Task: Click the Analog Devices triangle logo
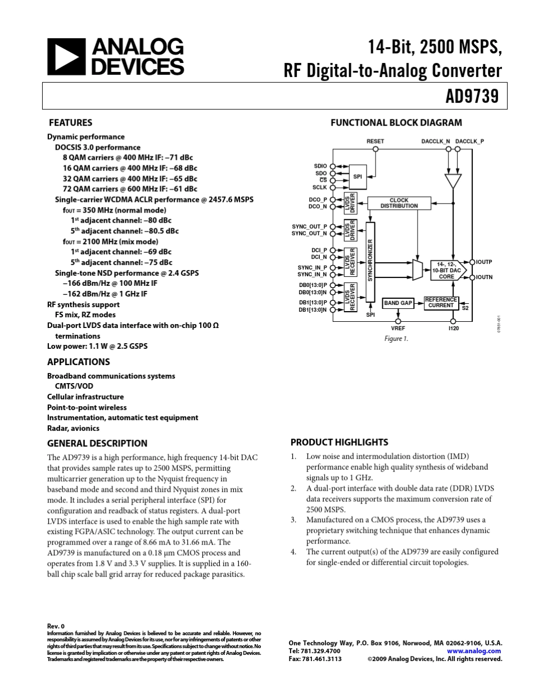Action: [x=65, y=57]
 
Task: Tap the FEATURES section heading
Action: [x=70, y=123]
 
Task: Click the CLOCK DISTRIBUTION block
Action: [x=399, y=203]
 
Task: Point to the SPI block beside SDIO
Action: [x=357, y=177]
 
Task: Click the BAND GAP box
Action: [x=398, y=303]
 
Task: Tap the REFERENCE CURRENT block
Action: [x=441, y=303]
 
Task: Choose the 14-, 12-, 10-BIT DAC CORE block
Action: [x=447, y=270]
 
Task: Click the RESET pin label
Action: [x=375, y=141]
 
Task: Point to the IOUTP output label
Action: [x=485, y=262]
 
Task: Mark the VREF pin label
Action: [x=398, y=328]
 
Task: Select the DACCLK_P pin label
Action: [x=470, y=141]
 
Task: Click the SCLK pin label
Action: [x=320, y=187]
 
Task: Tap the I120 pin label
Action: [x=454, y=328]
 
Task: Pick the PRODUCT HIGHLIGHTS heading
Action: [x=339, y=442]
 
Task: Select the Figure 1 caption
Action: [x=396, y=339]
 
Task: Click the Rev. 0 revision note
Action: [x=56, y=626]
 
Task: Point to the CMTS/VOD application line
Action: [x=74, y=387]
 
